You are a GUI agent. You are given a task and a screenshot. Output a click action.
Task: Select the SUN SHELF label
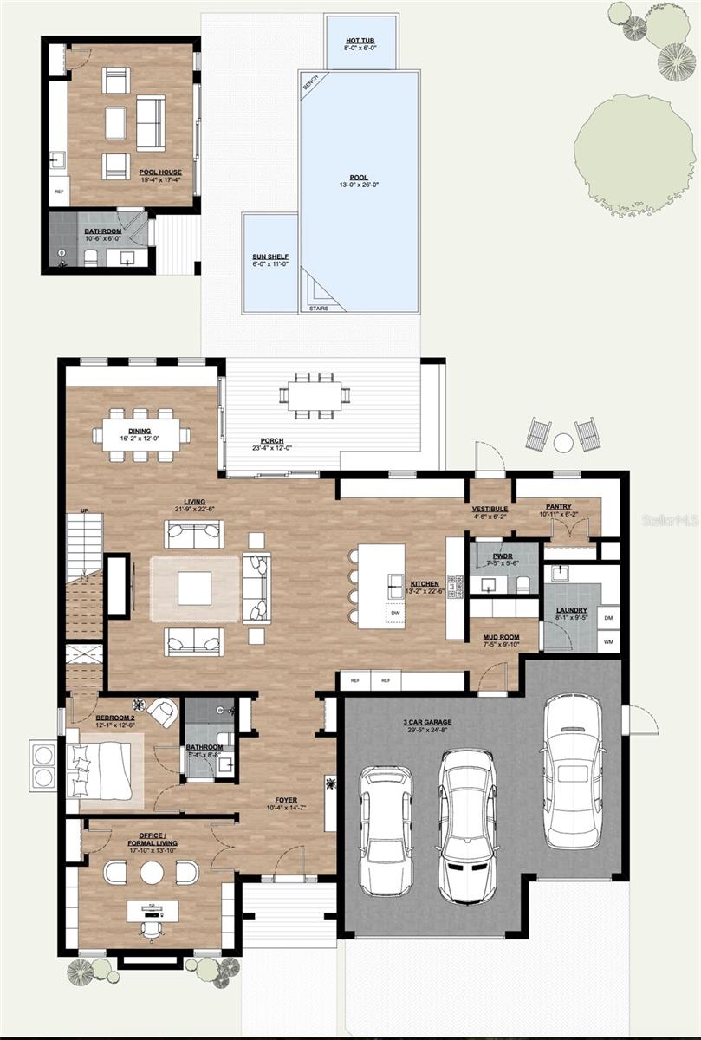coord(270,257)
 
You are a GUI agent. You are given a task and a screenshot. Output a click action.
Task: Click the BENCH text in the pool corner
coord(310,82)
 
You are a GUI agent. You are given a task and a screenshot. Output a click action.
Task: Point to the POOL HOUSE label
coord(160,172)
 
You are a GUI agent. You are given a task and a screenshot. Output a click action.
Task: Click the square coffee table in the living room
coord(194,588)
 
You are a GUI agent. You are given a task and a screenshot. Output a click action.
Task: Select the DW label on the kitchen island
coord(395,613)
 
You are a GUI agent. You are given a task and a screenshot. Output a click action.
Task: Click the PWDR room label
coord(502,555)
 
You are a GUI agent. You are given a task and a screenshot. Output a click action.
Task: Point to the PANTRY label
coord(558,506)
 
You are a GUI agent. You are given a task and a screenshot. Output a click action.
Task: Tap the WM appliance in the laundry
coord(607,641)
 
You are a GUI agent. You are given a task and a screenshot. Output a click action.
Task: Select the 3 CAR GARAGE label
coord(426,722)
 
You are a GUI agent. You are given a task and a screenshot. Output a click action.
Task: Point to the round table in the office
coord(152,872)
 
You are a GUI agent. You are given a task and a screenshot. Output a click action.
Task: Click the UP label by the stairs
coord(84,510)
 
